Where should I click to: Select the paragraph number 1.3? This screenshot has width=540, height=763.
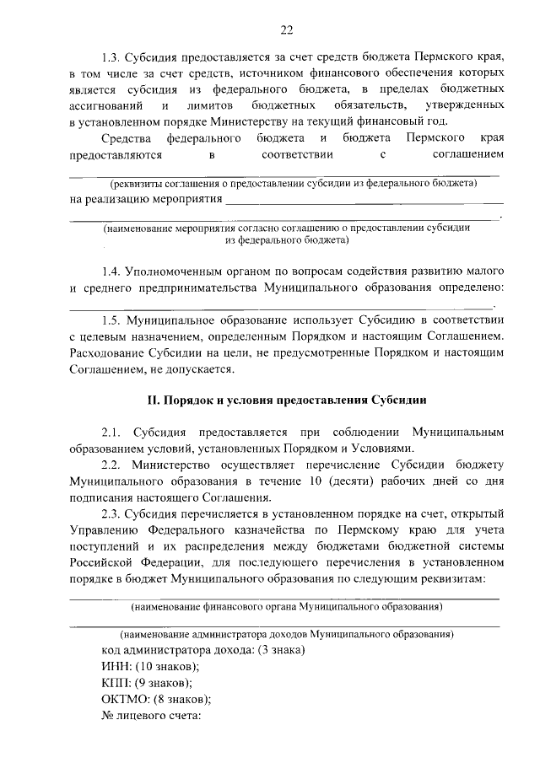[111, 57]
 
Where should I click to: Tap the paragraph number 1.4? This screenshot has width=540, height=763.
[111, 271]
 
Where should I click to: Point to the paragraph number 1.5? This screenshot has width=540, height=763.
[111, 321]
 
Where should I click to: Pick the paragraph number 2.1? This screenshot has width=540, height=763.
[111, 432]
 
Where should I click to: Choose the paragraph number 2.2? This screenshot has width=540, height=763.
[111, 465]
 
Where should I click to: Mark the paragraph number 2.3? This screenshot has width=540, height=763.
[111, 513]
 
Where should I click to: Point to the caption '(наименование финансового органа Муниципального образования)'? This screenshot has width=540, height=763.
[286, 606]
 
